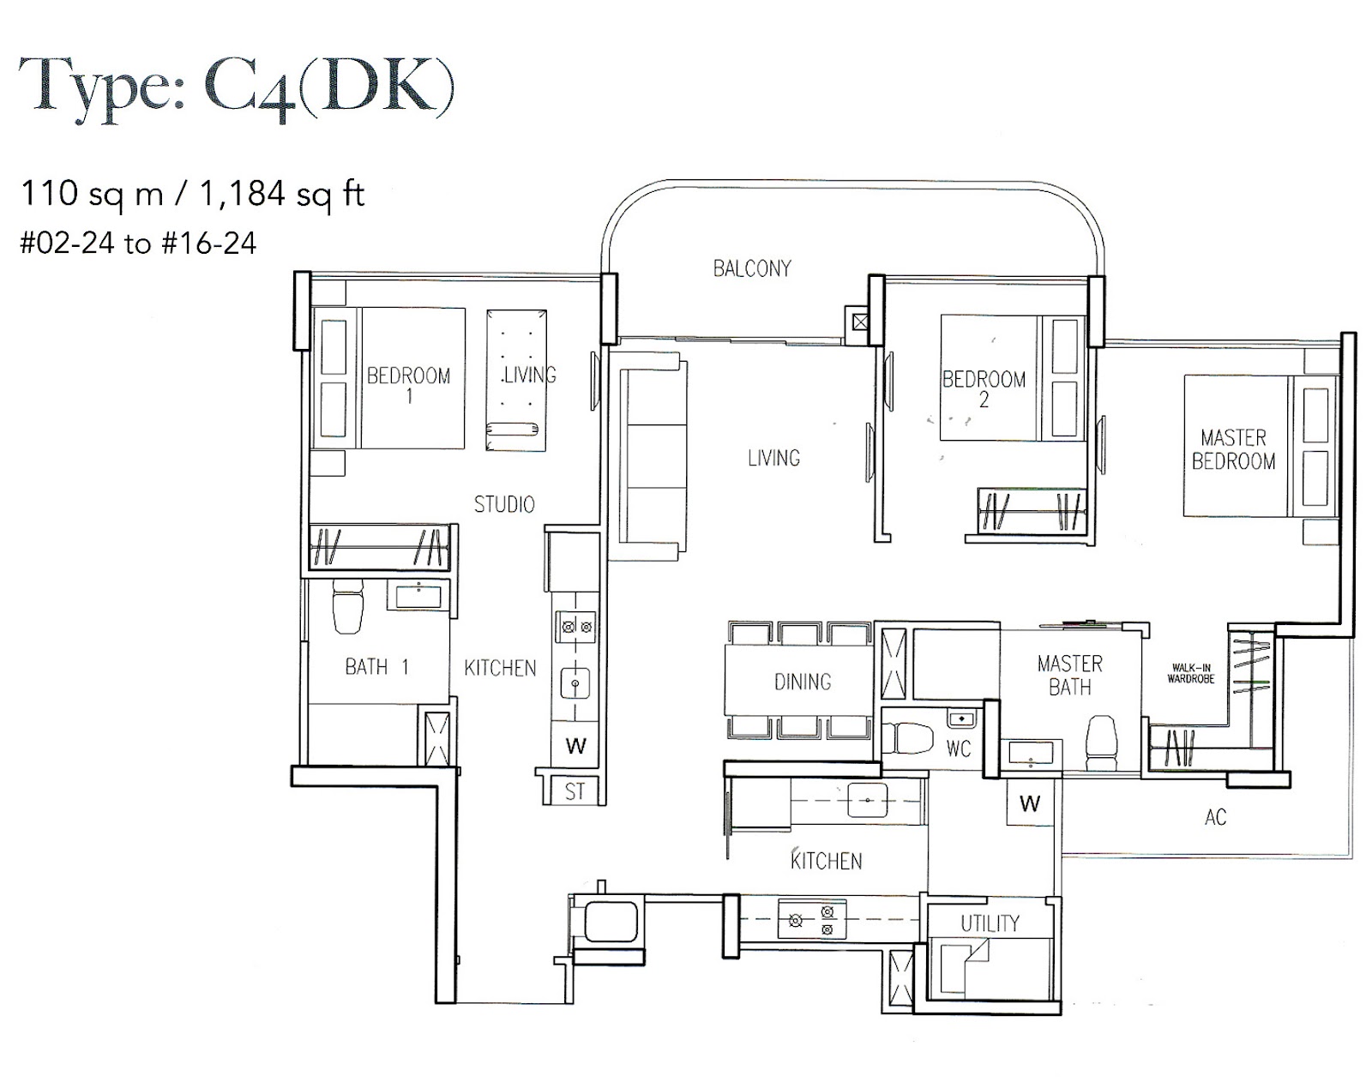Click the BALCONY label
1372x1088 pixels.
(752, 268)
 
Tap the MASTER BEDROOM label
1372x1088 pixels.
(1233, 449)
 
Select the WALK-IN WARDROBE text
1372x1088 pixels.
(1190, 673)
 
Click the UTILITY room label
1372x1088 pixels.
(990, 923)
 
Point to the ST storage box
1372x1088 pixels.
(575, 791)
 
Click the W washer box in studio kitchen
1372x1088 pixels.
(575, 747)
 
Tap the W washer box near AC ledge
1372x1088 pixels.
(1029, 803)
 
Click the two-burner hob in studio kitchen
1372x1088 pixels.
(576, 627)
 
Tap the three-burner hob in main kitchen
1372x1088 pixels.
(812, 919)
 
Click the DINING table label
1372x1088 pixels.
(803, 682)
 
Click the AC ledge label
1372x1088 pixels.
(1215, 817)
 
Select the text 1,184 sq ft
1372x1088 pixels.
(282, 195)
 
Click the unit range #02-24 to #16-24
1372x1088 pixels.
(138, 243)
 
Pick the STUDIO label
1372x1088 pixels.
(504, 504)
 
